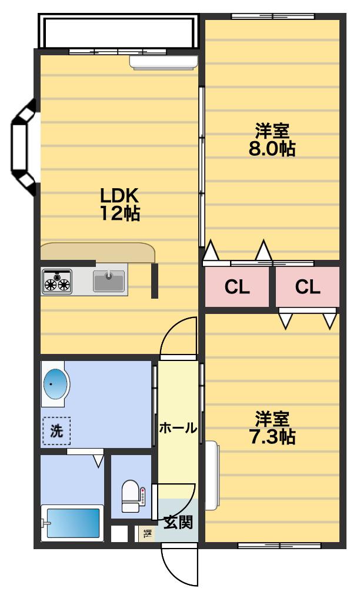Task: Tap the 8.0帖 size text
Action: coord(272,148)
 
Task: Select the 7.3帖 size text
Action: coord(272,437)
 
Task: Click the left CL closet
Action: coord(237,287)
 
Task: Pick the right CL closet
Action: coord(308,287)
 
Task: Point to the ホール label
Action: coord(178,428)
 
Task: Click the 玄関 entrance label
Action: coord(178,523)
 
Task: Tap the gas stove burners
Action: coord(57,282)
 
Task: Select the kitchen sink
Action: coord(109,281)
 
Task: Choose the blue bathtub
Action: coord(72,523)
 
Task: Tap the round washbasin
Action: coord(56,384)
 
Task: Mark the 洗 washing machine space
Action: coord(56,431)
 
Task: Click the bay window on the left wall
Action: coord(24,147)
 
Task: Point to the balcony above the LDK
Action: coord(119,31)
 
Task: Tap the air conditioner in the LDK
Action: coord(164,62)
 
